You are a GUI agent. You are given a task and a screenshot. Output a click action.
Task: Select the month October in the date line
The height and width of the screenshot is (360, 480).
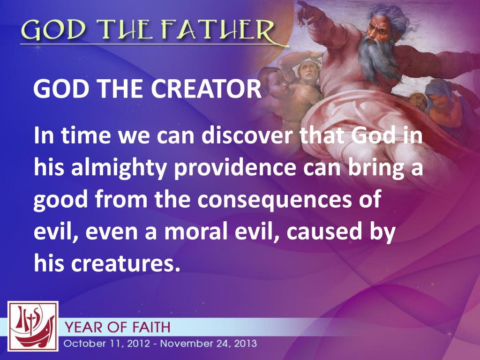(x=83, y=343)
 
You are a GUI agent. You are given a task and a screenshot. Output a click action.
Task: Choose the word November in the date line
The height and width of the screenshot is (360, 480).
(x=186, y=343)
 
